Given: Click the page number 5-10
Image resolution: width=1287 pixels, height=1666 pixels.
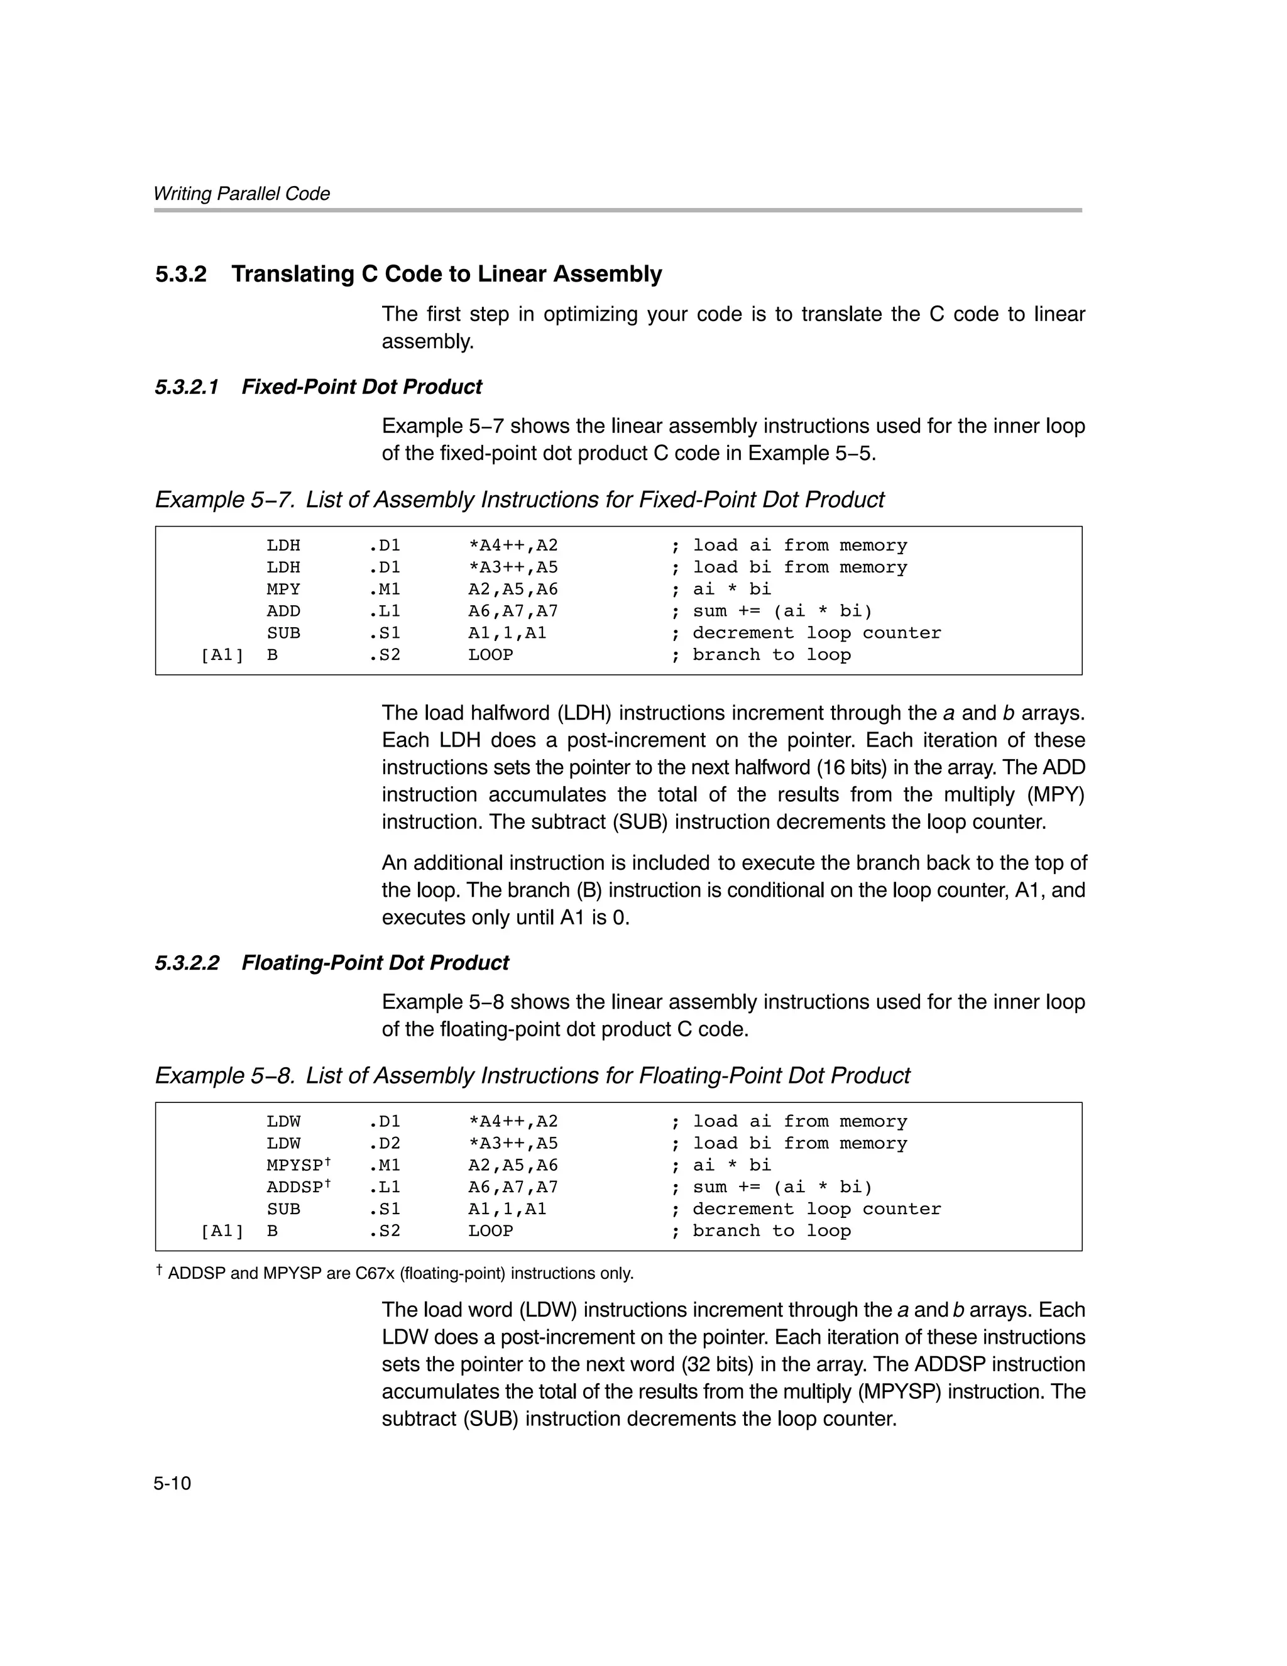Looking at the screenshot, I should click(x=172, y=1483).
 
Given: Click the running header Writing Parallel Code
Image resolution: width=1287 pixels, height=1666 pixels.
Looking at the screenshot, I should click(x=241, y=194).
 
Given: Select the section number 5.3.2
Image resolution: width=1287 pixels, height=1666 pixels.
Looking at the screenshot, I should click(x=181, y=274).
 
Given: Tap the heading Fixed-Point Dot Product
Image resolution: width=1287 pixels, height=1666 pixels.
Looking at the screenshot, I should click(x=361, y=386).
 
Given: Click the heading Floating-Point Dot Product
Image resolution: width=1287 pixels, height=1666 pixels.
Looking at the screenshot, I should click(x=375, y=963).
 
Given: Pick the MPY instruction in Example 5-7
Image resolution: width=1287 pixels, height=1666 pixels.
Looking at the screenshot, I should click(x=283, y=589).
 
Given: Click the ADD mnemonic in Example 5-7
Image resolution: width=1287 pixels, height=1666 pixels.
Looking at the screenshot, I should click(x=283, y=611).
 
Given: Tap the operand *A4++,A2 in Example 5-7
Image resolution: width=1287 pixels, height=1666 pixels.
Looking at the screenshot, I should click(x=513, y=545).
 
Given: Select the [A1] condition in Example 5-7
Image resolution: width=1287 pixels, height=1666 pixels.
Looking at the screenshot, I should click(x=222, y=654).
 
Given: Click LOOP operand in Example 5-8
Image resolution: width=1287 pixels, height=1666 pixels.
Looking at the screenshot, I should click(x=491, y=1230).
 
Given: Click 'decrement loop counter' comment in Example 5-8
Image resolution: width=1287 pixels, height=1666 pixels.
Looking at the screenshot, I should click(x=816, y=1209).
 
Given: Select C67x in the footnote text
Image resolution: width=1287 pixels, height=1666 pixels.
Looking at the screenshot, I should click(x=375, y=1274).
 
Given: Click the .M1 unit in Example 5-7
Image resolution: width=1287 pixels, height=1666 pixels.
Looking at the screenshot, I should click(x=385, y=589).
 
